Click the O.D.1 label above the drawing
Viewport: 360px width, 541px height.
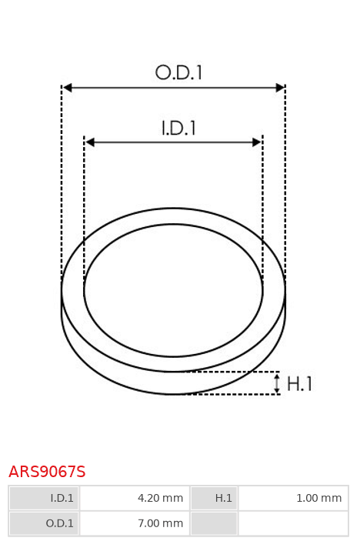[178, 73]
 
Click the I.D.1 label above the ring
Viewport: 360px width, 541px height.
[178, 128]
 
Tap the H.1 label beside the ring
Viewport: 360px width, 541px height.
[299, 384]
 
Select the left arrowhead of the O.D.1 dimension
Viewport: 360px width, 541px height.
[68, 88]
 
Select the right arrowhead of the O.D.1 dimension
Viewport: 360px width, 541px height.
[280, 88]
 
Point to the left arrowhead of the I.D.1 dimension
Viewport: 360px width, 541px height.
[90, 142]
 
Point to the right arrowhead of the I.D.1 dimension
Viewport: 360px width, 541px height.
[257, 142]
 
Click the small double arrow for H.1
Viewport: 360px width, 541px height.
[277, 383]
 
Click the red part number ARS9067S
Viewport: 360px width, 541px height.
[47, 472]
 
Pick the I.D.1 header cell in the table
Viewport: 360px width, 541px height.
[44, 498]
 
